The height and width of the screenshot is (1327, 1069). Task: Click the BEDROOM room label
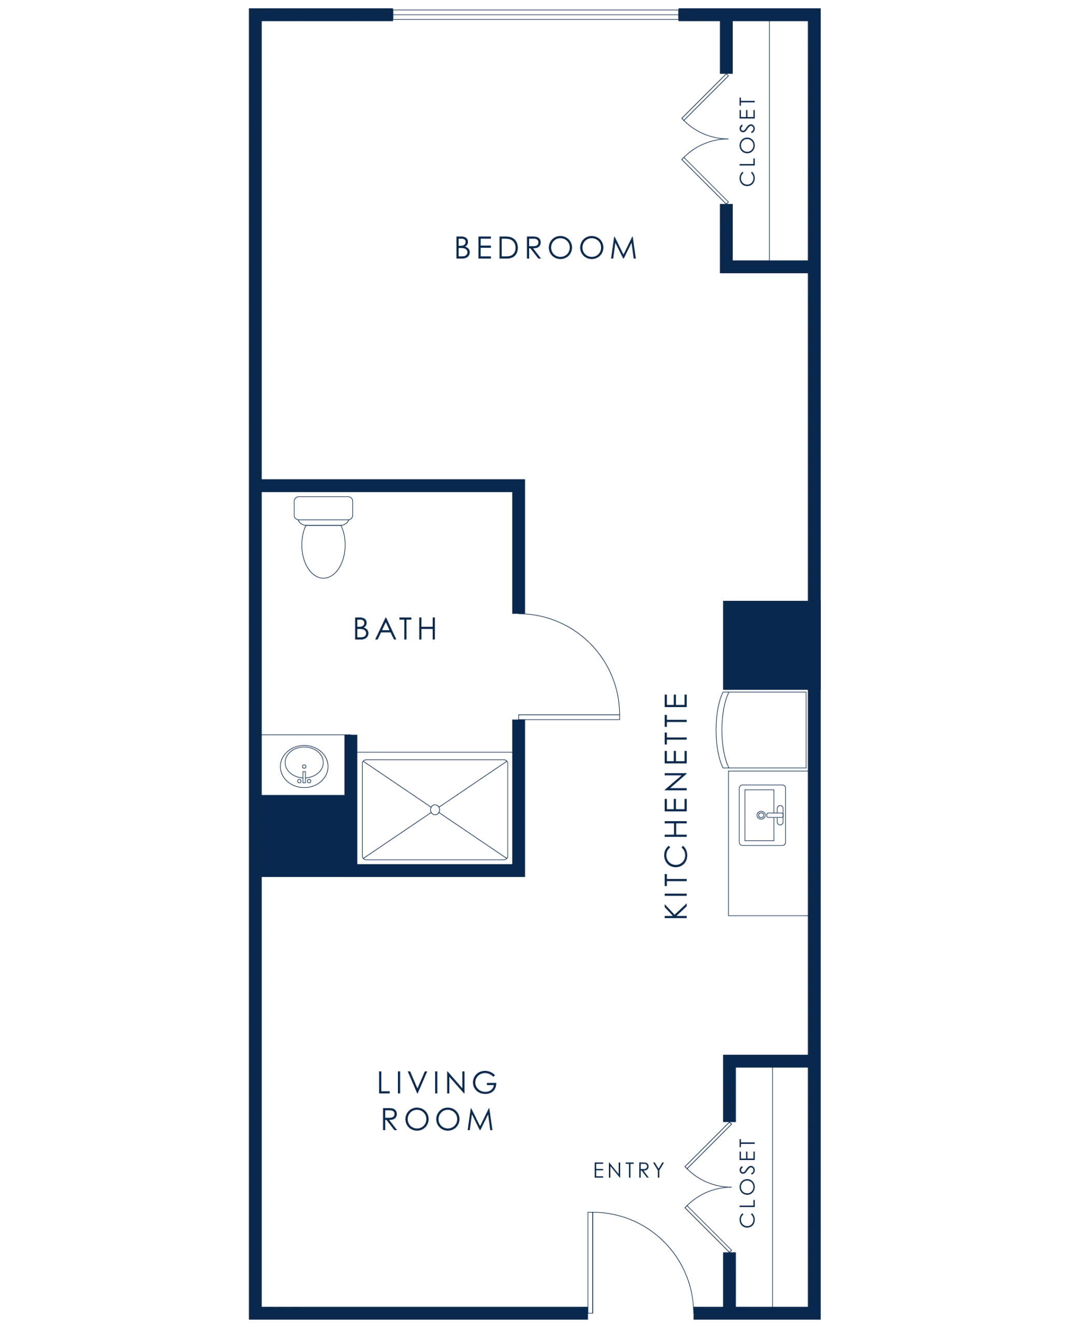coord(546,249)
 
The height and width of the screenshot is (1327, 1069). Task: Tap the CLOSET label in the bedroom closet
coord(748,142)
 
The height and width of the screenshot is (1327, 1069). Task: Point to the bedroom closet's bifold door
coord(705,138)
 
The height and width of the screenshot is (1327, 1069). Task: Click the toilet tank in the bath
coord(323,507)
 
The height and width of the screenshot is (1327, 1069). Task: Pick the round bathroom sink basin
coord(304,766)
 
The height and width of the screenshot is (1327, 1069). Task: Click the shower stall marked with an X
coord(435,809)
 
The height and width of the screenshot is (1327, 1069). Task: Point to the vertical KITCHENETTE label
coord(676,807)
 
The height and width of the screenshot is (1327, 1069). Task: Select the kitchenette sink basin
coord(762,817)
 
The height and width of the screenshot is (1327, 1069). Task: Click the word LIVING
coord(437,1082)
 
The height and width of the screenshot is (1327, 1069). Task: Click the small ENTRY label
coord(629,1170)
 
